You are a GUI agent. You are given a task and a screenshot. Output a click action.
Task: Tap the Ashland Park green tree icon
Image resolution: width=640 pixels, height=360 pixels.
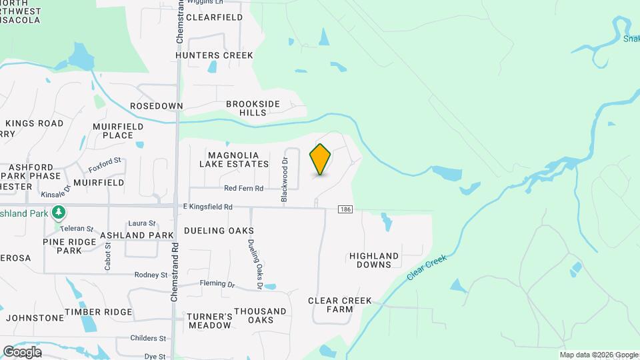pos(59,213)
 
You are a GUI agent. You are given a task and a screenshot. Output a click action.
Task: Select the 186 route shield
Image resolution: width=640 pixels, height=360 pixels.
pos(345,209)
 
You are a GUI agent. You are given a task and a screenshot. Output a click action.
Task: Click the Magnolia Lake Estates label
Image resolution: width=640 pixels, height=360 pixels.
pos(234,159)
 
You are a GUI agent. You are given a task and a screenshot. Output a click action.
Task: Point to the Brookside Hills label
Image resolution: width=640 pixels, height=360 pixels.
pos(253,108)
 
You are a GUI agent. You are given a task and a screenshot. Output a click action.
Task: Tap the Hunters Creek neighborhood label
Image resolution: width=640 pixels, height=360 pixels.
pos(214,55)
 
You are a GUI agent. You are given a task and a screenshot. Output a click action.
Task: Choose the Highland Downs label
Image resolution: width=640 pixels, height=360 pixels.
pos(374,260)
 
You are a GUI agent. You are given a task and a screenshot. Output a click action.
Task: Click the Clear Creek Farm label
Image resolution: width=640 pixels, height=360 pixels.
pos(339,305)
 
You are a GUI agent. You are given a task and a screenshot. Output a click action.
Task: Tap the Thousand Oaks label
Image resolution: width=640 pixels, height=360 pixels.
pos(260,315)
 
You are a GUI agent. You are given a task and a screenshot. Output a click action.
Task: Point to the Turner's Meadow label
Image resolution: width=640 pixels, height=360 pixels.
pos(209,321)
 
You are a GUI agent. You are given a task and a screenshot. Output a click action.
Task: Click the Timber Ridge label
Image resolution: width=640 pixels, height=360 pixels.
pos(99,312)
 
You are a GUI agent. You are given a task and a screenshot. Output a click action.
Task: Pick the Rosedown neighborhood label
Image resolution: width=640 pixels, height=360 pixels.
pos(156,106)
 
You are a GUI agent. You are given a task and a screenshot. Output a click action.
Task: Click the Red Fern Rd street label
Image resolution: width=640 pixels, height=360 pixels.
pos(243,189)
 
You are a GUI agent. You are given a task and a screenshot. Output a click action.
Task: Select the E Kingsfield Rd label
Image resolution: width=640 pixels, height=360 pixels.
pos(207,207)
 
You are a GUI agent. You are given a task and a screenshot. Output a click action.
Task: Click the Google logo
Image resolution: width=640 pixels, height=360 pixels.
pos(21,352)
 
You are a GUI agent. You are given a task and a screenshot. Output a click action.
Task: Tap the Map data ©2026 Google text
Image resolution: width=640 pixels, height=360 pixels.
pos(598,355)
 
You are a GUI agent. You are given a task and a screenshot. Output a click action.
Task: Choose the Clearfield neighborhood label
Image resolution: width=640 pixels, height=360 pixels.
pos(214,17)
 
